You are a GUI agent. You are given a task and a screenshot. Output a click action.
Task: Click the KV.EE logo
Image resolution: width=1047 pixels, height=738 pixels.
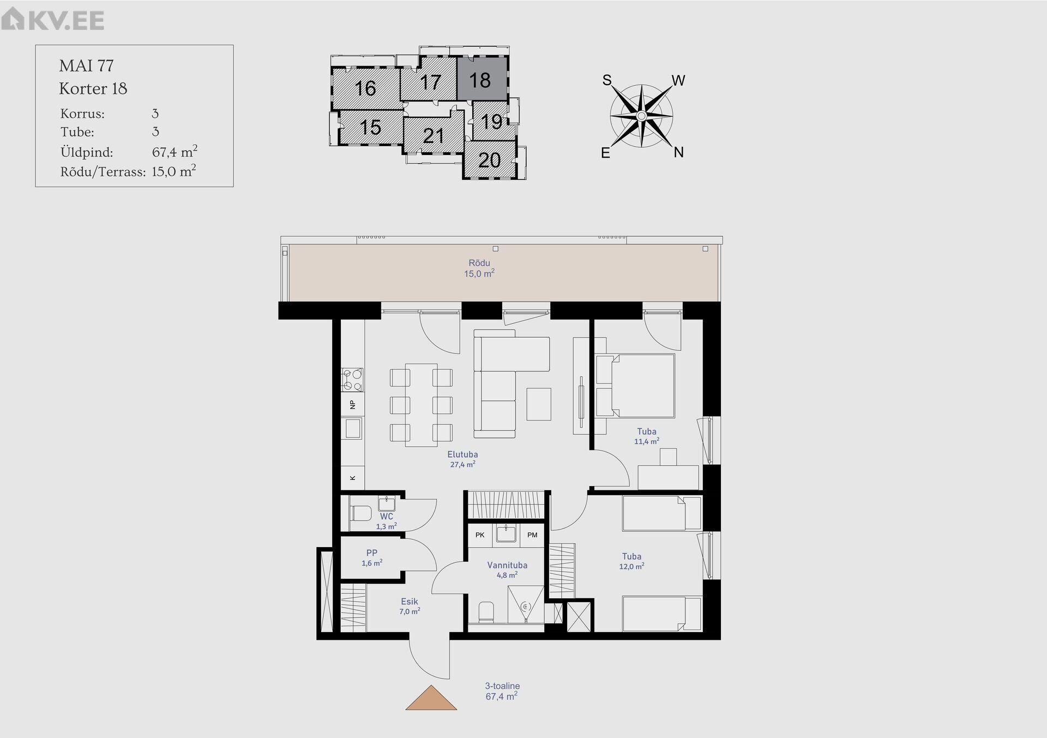click(x=52, y=20)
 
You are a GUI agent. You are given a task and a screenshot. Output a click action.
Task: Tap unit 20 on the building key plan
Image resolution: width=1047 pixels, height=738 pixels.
click(x=489, y=160)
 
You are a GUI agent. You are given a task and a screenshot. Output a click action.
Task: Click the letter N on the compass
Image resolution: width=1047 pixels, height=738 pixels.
click(x=678, y=152)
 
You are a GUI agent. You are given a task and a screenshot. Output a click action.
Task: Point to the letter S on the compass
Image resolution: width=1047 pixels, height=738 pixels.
click(x=607, y=80)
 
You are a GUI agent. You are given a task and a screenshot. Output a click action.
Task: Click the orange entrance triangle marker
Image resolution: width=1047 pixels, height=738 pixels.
click(x=431, y=698)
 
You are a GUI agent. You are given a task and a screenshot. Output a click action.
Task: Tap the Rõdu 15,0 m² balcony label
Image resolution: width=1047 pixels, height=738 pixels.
click(x=479, y=268)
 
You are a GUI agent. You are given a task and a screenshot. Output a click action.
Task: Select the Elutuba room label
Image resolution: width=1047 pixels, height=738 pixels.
click(x=462, y=454)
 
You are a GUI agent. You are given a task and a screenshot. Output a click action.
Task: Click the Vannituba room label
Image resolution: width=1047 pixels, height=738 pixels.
click(x=507, y=565)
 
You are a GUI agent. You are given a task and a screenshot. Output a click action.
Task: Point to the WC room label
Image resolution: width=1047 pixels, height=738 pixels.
click(x=387, y=516)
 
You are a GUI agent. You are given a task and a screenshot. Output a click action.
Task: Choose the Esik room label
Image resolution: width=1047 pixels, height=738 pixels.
click(x=410, y=602)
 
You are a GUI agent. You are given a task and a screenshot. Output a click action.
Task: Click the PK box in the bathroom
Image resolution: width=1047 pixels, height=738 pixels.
click(x=480, y=535)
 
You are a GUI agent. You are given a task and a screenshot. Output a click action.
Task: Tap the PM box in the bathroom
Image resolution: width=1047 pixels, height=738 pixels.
click(x=532, y=535)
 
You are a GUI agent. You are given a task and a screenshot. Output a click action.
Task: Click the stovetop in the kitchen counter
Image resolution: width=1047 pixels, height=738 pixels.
click(x=352, y=380)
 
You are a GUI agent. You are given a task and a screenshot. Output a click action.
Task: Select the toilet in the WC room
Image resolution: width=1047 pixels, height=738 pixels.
click(x=360, y=513)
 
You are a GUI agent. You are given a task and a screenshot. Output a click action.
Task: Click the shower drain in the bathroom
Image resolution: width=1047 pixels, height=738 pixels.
click(x=526, y=606)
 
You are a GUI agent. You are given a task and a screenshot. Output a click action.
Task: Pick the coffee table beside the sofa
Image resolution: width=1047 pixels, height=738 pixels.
click(x=539, y=404)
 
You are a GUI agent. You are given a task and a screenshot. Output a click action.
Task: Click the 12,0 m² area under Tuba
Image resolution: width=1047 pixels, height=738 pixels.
click(x=631, y=567)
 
